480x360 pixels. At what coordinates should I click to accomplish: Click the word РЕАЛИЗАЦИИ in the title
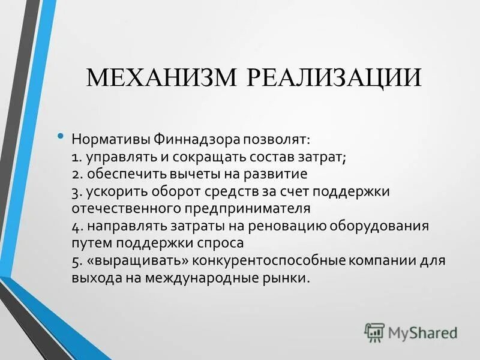334,79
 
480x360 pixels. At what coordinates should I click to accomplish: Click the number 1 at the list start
74,157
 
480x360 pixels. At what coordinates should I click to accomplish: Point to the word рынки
292,279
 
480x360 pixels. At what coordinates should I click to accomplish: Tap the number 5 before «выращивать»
74,262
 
